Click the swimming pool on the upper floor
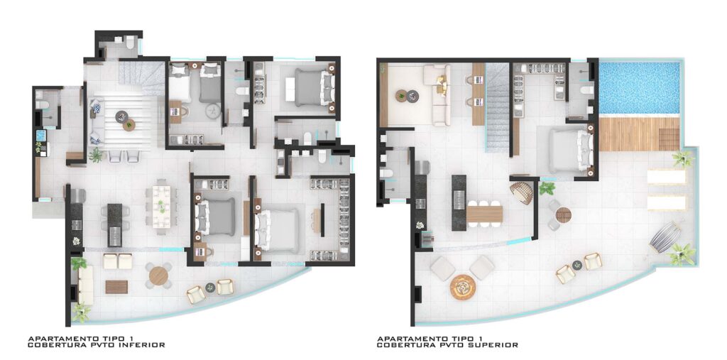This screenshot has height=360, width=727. (640, 88)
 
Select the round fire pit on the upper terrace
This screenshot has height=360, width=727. (461, 287)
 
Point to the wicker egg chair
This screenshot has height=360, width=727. (522, 193)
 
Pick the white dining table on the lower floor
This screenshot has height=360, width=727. (162, 207)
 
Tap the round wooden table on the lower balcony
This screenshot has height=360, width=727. (158, 276)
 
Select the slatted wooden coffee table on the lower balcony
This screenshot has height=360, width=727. (116, 287)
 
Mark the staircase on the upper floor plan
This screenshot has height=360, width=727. (497, 107)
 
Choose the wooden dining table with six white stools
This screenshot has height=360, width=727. (484, 214)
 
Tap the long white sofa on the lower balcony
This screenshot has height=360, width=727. (86, 285)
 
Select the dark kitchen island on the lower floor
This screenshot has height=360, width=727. (114, 225)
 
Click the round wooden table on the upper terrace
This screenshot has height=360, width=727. (563, 215)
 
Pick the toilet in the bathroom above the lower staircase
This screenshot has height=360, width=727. (130, 43)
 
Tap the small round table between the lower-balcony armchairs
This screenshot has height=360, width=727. (210, 287)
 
